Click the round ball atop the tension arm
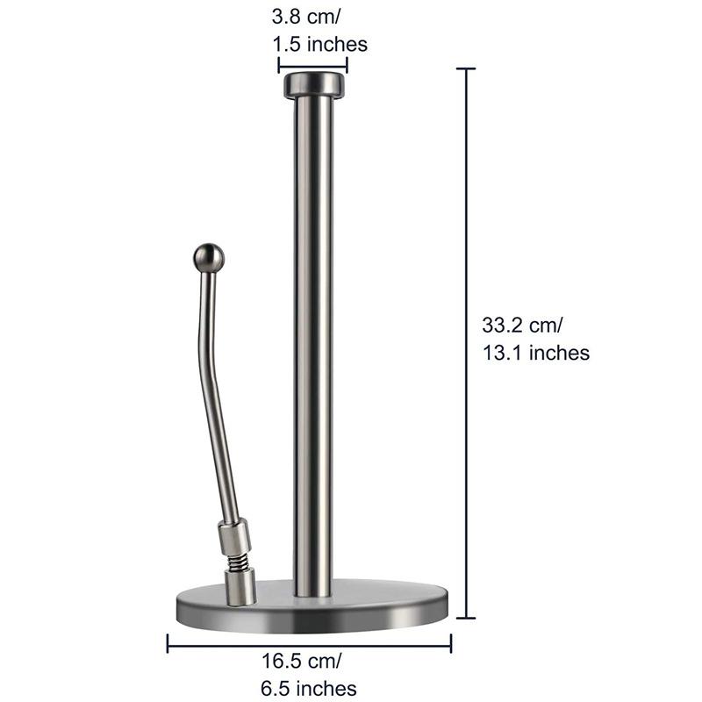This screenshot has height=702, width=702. pos(208,259)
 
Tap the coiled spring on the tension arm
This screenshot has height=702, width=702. pos(236,558)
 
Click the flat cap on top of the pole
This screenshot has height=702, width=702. pos(313,85)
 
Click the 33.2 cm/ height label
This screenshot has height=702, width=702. pos(523,325)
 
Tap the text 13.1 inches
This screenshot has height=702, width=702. pos(535,353)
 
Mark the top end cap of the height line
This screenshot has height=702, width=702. pos(465,68)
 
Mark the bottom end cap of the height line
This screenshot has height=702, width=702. pos(465,617)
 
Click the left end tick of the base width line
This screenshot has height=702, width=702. pos(168,644)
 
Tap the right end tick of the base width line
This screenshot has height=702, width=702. pos(451,644)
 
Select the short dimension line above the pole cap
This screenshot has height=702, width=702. pos(313,64)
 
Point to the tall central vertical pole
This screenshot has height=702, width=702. pos(313,351)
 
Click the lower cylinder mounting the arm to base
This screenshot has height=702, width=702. pos(243,585)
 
